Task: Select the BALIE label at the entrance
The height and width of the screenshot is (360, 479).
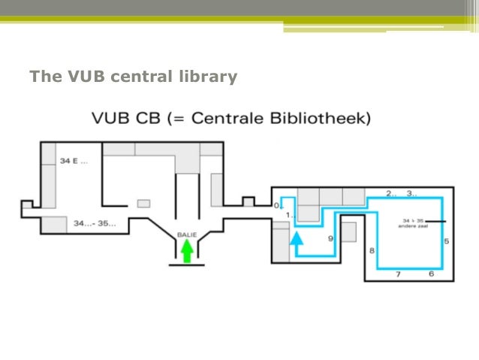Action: tap(185, 234)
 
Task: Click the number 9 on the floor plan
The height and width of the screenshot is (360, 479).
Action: tap(330, 238)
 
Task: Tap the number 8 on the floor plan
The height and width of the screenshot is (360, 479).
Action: tap(371, 250)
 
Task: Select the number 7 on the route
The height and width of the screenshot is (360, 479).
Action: tap(398, 274)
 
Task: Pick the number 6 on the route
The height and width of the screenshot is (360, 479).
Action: tap(431, 274)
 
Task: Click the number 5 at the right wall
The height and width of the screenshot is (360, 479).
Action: tap(446, 241)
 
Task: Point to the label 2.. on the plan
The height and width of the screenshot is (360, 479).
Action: tap(391, 193)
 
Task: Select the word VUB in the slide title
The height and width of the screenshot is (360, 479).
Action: tap(85, 77)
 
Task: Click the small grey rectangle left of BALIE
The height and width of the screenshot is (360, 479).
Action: tap(143, 203)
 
